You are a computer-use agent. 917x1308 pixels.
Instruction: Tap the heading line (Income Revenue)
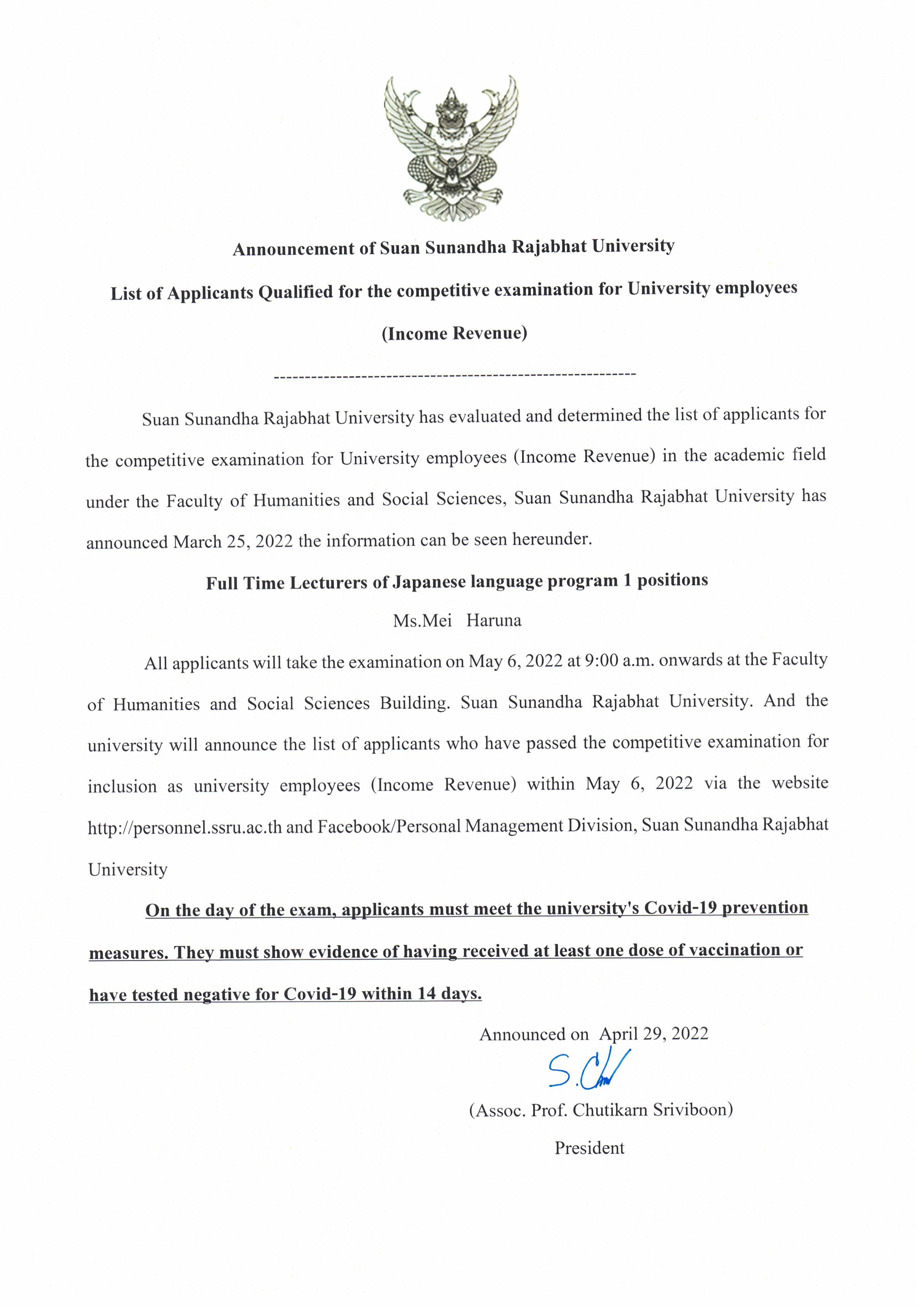[454, 333]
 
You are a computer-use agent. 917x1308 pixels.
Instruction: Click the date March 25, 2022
[233, 541]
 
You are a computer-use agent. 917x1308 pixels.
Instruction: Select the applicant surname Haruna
[494, 620]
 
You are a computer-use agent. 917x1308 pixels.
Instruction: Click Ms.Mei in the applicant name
[422, 620]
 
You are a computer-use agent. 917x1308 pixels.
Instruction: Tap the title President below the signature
[589, 1148]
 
